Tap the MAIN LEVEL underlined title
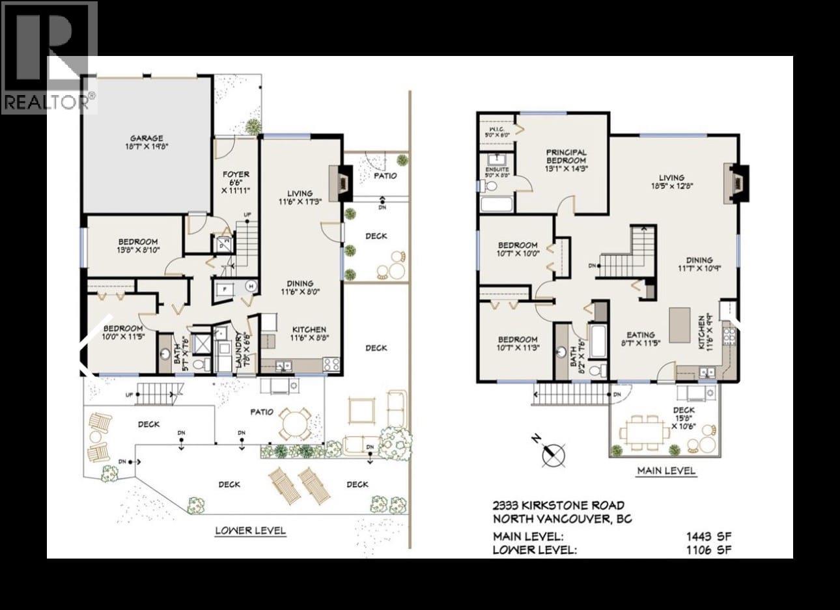665,471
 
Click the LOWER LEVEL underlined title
251,530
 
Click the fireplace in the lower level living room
341,181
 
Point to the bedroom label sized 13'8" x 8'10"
138,245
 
